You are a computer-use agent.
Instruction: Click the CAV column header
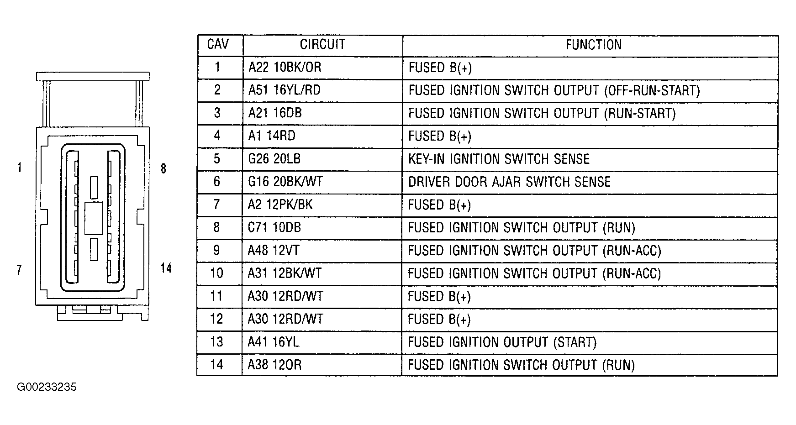(218, 45)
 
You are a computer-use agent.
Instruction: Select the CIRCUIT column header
(322, 45)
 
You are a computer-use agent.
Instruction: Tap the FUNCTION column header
(594, 45)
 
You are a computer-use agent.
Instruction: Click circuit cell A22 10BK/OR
(285, 68)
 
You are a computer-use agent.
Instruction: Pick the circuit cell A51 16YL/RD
(285, 90)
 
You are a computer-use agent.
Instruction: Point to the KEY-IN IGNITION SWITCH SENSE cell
(499, 159)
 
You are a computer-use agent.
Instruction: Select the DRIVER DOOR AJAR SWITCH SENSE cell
(509, 182)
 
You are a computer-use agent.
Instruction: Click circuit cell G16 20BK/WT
(285, 182)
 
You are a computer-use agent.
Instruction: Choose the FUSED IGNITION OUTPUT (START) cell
(502, 342)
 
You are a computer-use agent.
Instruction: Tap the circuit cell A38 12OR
(275, 365)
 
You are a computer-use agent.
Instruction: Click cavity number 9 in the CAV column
(216, 250)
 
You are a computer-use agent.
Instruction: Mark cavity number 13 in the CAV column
(216, 342)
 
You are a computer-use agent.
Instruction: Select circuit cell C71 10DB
(274, 227)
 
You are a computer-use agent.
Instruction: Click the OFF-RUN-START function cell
(554, 90)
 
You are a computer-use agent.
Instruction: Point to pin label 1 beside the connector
(19, 168)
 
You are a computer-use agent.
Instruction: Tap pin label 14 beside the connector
(166, 268)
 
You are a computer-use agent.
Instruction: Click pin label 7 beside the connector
(19, 270)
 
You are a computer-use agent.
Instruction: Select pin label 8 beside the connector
(163, 169)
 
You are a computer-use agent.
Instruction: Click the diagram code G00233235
(47, 388)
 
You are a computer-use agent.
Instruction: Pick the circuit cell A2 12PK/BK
(280, 205)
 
